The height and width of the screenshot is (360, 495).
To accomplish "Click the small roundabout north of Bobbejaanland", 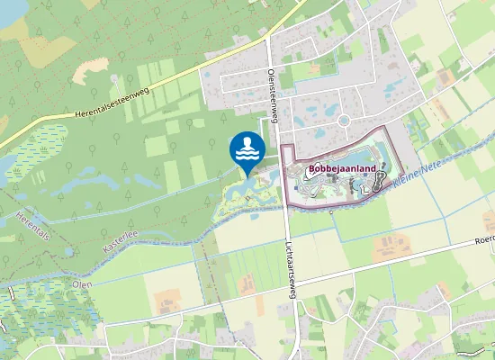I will [x=343, y=119].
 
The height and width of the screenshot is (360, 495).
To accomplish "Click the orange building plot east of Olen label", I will [x=167, y=301].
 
